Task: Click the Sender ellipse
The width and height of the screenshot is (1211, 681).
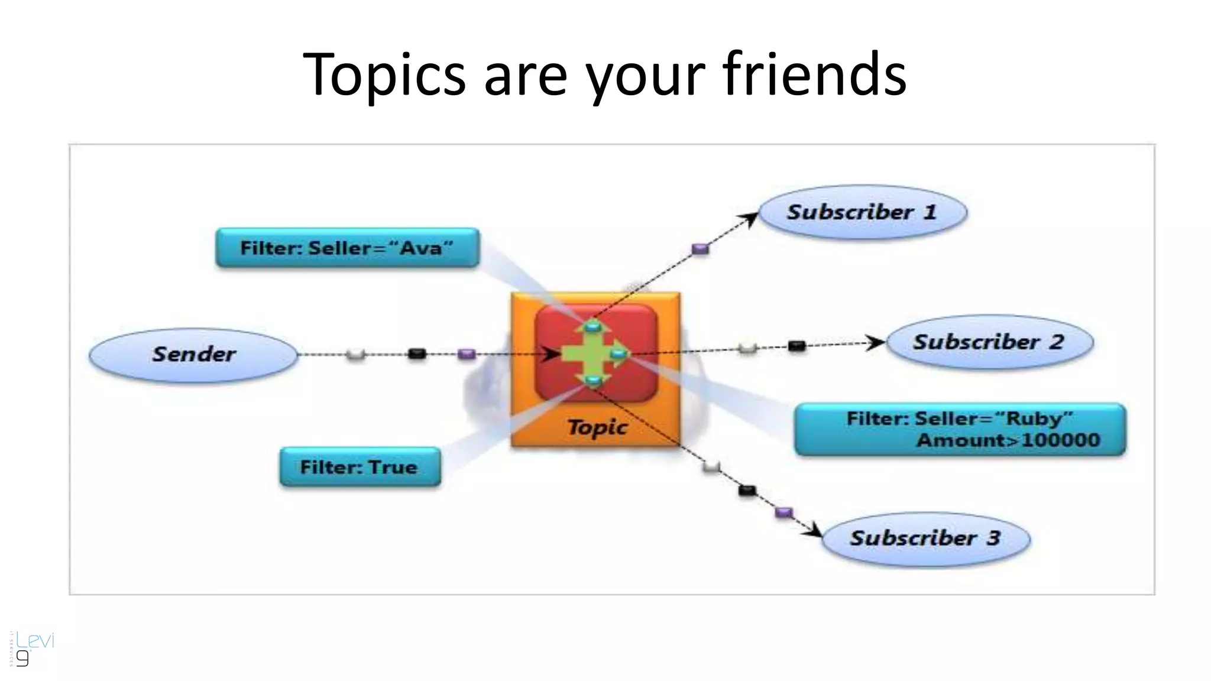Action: (193, 355)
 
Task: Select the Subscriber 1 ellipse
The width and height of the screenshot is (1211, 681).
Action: (862, 212)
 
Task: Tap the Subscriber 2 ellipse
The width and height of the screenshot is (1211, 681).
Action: (989, 342)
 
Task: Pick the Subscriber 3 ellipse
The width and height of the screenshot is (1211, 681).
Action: (925, 538)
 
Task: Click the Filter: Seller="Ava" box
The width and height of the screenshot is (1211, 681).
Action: (347, 248)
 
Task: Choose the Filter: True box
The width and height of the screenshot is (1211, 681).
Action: (360, 467)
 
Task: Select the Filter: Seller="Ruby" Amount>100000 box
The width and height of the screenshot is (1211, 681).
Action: (960, 429)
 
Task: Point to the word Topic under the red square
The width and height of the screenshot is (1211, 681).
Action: (597, 427)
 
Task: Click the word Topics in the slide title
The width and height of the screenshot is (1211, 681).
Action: (384, 74)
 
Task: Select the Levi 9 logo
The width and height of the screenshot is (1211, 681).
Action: (33, 648)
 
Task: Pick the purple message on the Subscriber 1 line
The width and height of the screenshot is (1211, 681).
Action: (700, 249)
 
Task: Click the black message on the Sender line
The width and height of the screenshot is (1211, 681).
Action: (417, 354)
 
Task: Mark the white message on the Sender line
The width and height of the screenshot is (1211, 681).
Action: (355, 354)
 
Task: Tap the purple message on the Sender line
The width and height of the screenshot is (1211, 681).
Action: (467, 354)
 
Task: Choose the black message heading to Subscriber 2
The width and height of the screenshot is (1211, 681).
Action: (796, 346)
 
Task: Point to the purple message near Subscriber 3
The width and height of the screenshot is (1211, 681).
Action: (783, 512)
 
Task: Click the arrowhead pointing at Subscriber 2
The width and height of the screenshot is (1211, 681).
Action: (877, 343)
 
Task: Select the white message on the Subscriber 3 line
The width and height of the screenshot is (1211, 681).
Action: (711, 467)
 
